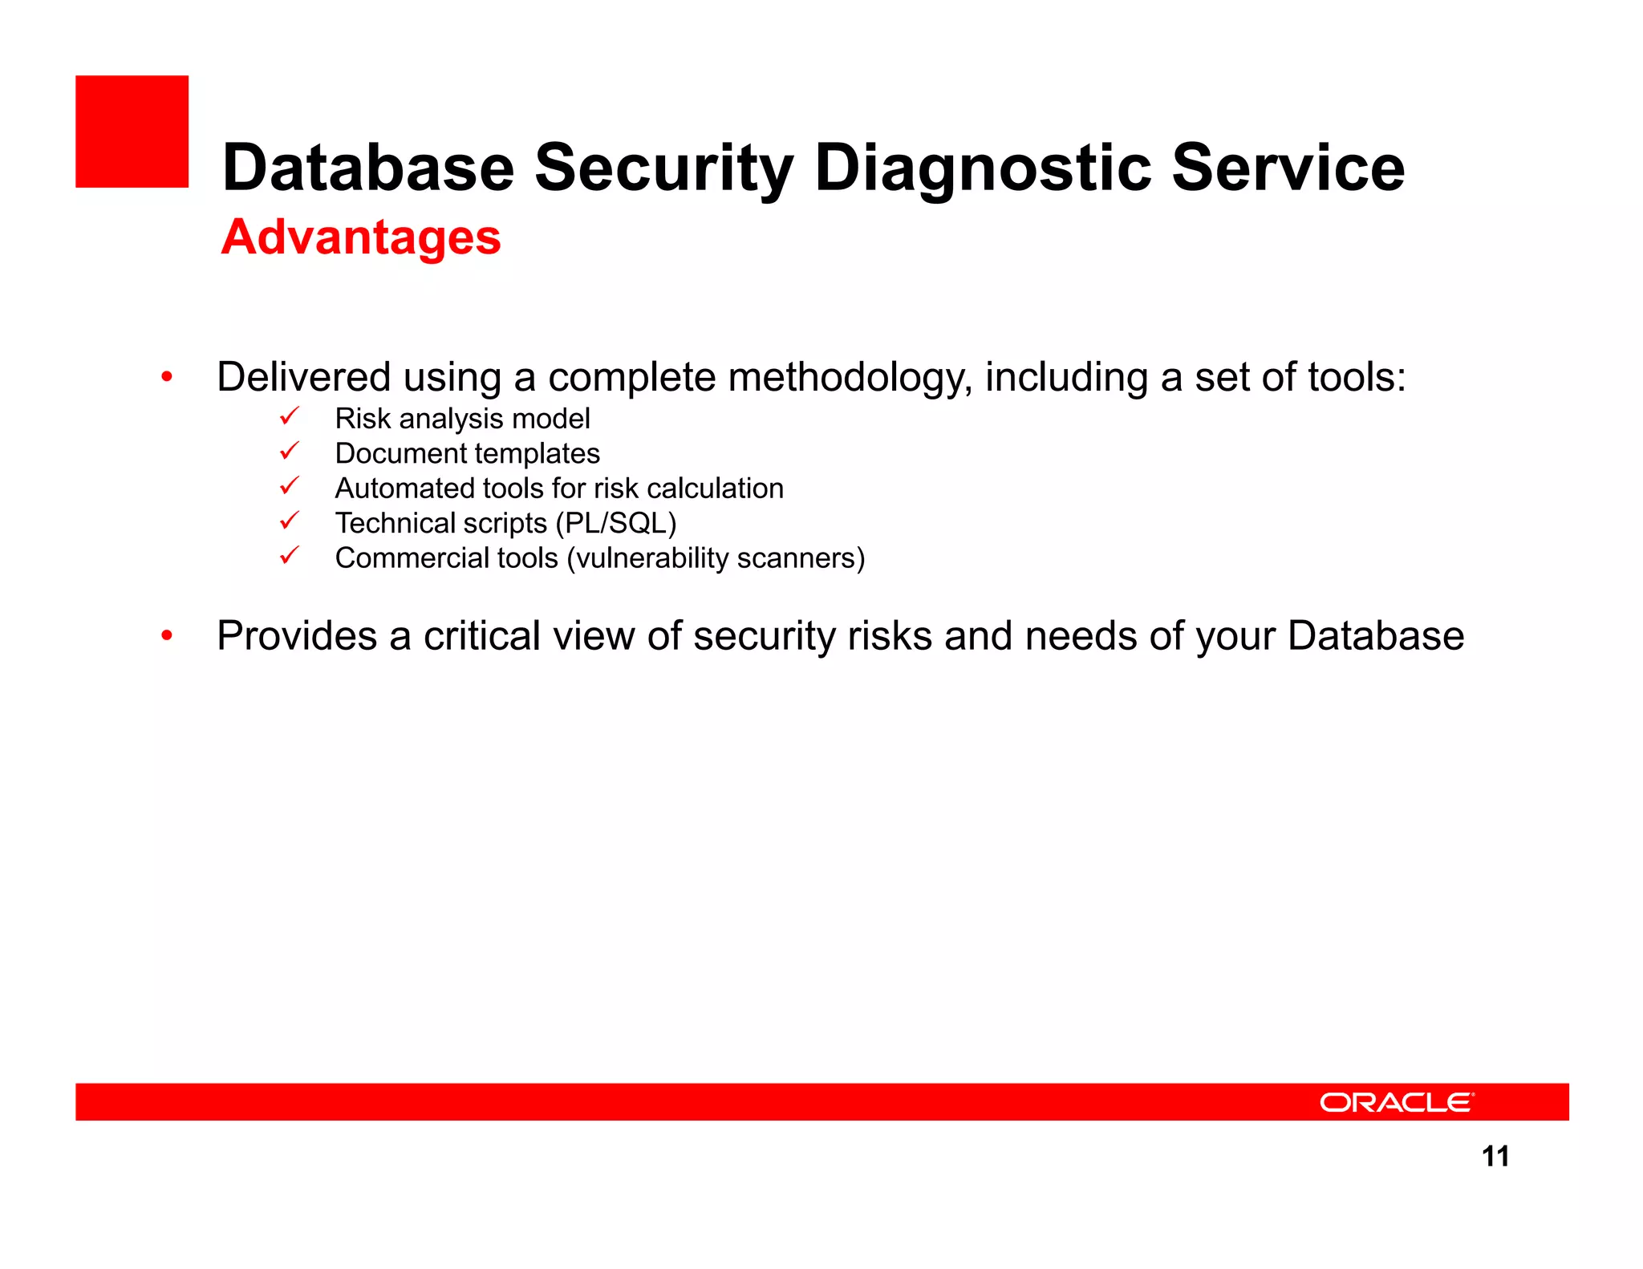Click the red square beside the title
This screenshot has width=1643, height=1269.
click(x=132, y=132)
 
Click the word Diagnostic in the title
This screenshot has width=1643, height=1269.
click(x=984, y=168)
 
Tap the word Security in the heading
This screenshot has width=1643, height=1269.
click(x=663, y=168)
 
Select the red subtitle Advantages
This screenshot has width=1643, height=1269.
click(x=361, y=237)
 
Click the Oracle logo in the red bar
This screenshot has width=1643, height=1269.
click(x=1396, y=1102)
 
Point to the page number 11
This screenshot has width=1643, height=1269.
click(x=1495, y=1156)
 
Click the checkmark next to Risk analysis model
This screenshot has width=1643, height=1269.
click(x=289, y=417)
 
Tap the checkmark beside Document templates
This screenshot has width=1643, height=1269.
click(x=289, y=452)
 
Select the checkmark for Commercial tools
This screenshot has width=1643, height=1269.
click(x=289, y=556)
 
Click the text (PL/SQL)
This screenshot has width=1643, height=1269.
click(x=615, y=523)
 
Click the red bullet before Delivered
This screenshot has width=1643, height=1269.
click(x=167, y=376)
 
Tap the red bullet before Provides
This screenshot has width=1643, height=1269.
click(x=167, y=635)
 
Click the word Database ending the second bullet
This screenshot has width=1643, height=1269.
click(x=1375, y=636)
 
